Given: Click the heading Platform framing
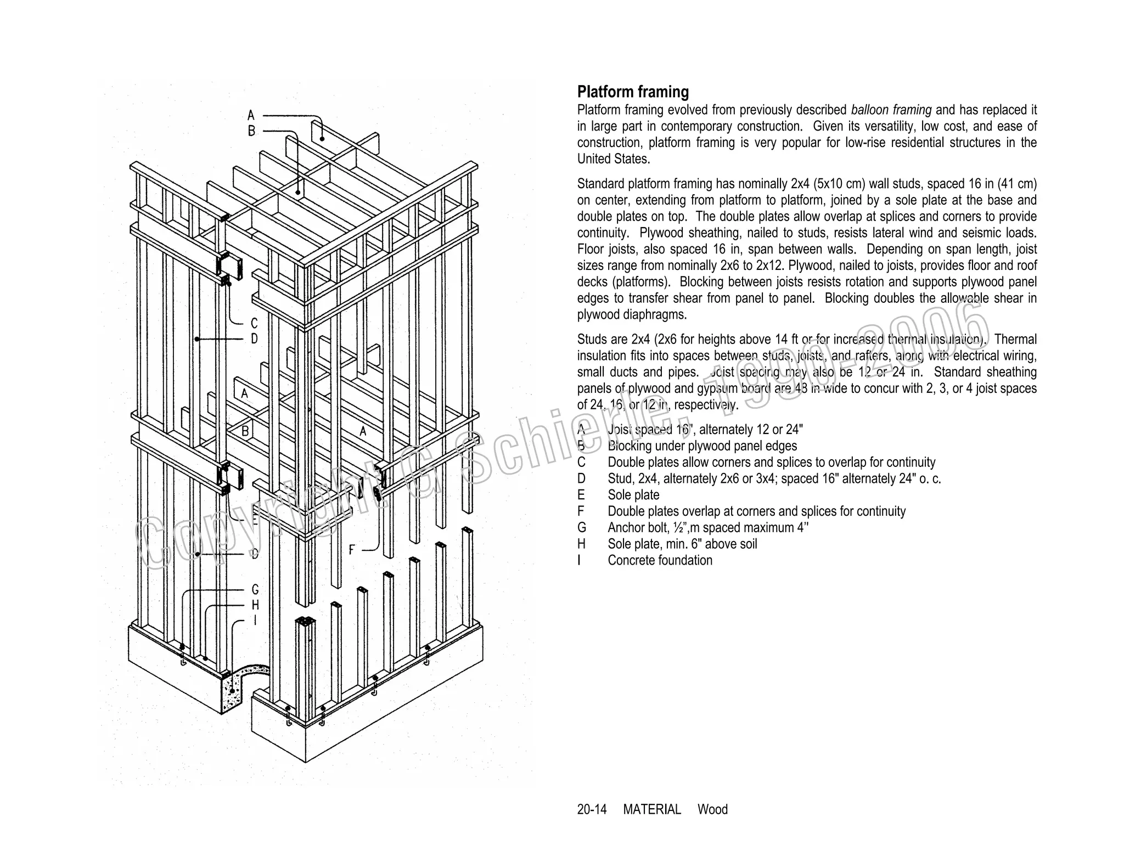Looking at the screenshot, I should [633, 92].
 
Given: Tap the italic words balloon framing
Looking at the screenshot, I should [891, 110].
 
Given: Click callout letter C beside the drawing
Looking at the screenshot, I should [254, 323].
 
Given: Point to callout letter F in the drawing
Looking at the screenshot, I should [352, 549].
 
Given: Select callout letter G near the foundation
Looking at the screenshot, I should [255, 590].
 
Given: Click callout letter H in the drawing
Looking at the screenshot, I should [255, 605].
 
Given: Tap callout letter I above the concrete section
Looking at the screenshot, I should [255, 621].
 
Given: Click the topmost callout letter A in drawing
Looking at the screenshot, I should [251, 116].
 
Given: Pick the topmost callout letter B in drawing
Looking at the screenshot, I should [251, 132].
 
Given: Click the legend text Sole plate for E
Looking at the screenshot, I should [633, 495].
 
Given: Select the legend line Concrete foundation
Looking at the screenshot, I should [660, 560].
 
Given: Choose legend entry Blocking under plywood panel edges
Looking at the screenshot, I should [702, 446].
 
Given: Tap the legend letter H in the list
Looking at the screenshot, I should [581, 544].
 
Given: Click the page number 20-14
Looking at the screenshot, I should [592, 810].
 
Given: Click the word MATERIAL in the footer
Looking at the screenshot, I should [651, 810].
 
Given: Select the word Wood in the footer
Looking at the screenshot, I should [712, 810].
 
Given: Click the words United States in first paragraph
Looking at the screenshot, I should [613, 160].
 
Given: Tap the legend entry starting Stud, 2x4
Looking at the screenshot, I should [774, 478].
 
